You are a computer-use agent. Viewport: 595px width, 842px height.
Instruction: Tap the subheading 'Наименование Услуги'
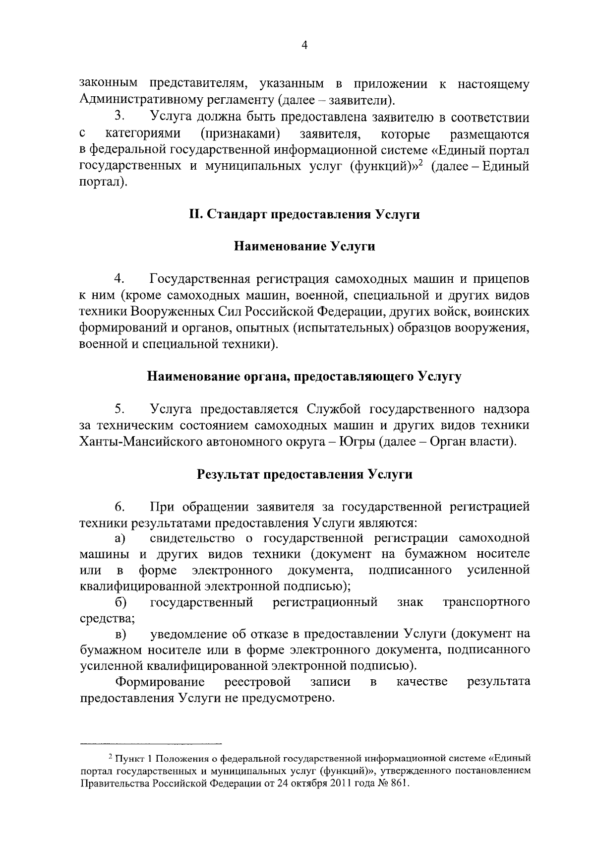(304, 247)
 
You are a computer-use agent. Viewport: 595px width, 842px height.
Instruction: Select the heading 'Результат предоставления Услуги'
(304, 474)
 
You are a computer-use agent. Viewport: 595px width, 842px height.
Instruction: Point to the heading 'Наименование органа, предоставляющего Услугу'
(304, 377)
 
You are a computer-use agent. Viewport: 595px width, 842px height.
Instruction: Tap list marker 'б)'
(120, 602)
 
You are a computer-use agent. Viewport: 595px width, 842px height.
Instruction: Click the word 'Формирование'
(160, 682)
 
